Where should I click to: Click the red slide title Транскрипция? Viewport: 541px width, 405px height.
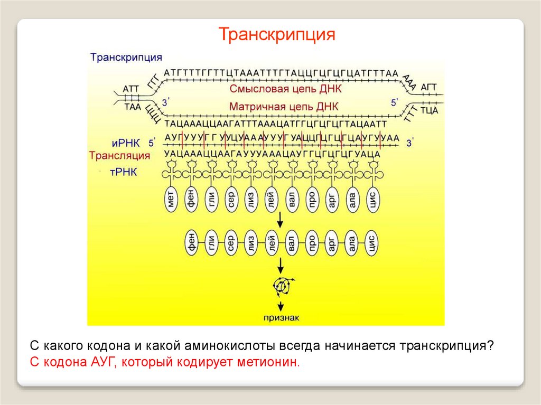click(277, 35)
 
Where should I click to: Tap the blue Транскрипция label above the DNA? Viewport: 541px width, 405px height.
click(126, 57)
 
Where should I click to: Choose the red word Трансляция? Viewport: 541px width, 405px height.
click(119, 156)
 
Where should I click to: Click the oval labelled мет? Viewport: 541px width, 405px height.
click(171, 200)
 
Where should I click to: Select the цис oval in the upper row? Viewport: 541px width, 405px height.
click(372, 200)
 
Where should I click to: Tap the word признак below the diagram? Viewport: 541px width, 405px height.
click(282, 317)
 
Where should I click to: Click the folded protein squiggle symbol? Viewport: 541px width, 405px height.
click(282, 286)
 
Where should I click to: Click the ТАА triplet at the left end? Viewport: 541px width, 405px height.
click(133, 106)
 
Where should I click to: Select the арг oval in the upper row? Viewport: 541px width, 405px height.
click(332, 200)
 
